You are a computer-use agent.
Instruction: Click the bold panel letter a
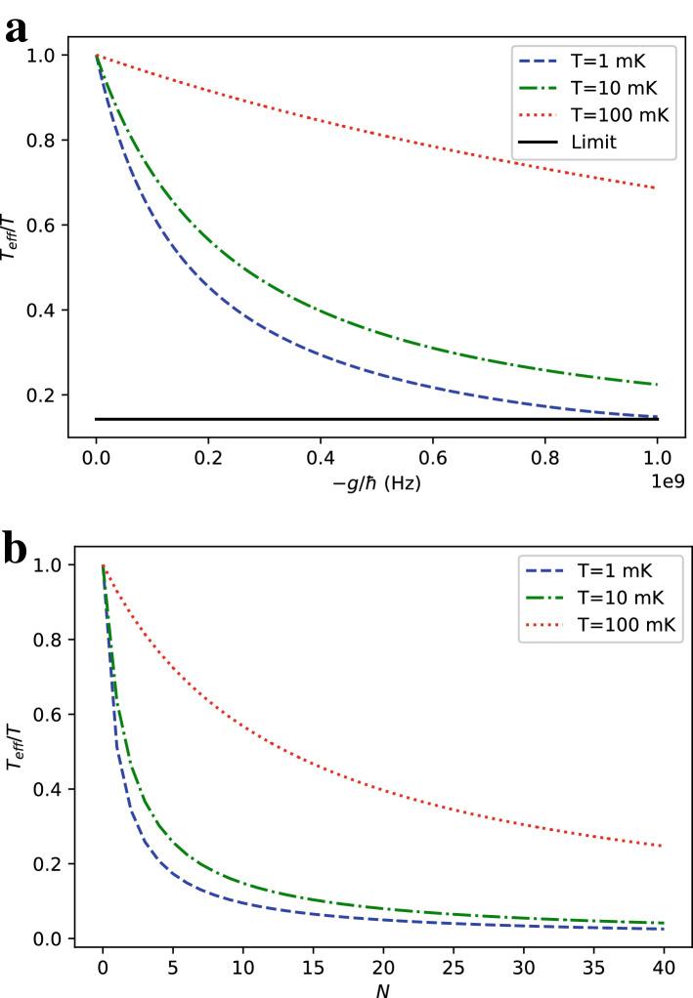pyautogui.click(x=16, y=29)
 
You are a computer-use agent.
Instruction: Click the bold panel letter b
pyautogui.click(x=17, y=550)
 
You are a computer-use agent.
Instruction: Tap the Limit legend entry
pyautogui.click(x=594, y=143)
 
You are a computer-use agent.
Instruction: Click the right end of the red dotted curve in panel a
pyautogui.click(x=657, y=187)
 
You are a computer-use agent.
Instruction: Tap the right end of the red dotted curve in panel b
pyautogui.click(x=663, y=846)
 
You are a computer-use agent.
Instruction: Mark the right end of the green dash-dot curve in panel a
pyautogui.click(x=657, y=384)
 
